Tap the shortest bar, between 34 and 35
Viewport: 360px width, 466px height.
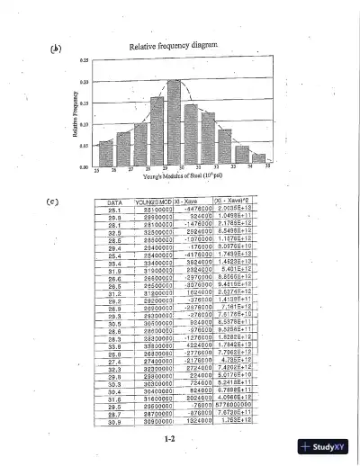258,158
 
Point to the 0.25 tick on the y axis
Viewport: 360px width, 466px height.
84,60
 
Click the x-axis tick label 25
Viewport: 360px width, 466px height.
95,170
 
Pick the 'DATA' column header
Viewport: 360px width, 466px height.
114,204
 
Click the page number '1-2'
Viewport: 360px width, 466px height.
169,438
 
